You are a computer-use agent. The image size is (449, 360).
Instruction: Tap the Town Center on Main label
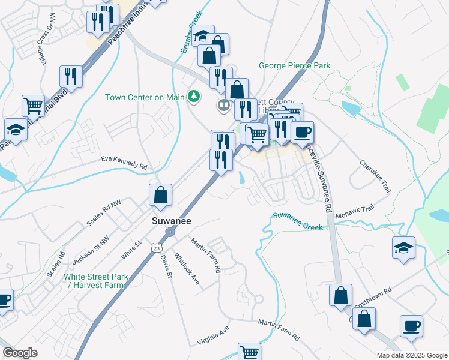coord(145,97)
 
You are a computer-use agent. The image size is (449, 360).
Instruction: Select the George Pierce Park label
coord(294,65)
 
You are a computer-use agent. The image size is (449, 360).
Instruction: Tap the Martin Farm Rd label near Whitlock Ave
coord(206,255)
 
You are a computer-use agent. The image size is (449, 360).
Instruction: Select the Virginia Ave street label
coord(214,337)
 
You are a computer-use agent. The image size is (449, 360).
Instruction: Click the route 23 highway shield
coord(156,247)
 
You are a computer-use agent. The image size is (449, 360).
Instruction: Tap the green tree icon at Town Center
coord(193,96)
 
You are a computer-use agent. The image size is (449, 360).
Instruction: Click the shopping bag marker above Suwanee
coord(161,196)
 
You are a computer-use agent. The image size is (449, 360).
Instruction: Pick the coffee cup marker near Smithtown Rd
coord(411,326)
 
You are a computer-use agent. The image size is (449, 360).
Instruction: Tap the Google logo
coord(20,353)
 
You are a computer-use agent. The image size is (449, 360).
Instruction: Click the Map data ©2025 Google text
coord(411,355)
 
